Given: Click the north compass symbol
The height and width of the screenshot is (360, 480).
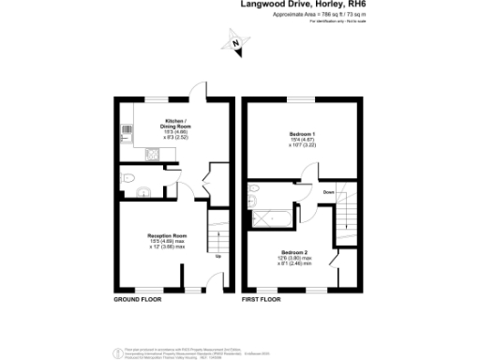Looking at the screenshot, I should click(235, 42).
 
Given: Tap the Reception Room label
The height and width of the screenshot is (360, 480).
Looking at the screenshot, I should click(167, 235).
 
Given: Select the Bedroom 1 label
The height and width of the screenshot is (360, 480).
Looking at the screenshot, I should click(301, 135).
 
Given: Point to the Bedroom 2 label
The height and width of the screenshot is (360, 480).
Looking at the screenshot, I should click(294, 253).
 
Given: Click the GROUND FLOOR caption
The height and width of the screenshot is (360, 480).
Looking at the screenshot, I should click(138, 299).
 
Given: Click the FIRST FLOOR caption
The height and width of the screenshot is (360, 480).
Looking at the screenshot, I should click(262, 299).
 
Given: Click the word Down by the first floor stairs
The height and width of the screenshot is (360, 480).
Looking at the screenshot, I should click(328, 193).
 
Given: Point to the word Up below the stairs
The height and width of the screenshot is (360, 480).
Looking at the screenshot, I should click(217, 257).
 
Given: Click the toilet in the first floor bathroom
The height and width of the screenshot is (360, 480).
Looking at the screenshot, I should click(254, 199).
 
